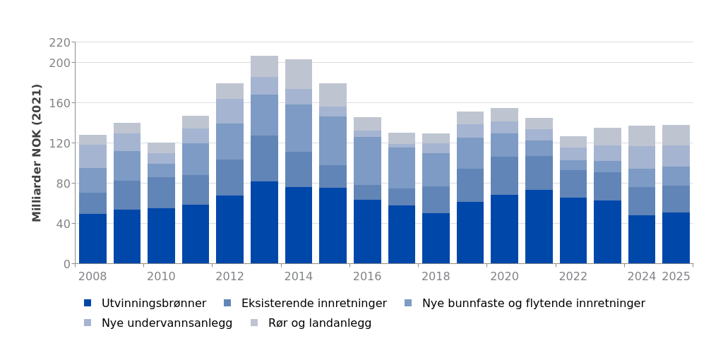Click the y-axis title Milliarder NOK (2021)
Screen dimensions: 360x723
pyautogui.click(x=37, y=152)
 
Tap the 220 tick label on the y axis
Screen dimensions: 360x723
pyautogui.click(x=60, y=42)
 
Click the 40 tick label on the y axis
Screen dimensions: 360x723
pyautogui.click(x=63, y=224)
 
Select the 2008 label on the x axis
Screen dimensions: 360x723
pyautogui.click(x=92, y=277)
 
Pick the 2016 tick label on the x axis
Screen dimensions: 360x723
pyautogui.click(x=367, y=277)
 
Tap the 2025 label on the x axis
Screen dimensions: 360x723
pyautogui.click(x=676, y=277)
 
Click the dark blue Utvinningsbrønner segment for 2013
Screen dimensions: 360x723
pyautogui.click(x=264, y=222)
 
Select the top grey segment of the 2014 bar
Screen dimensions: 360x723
pyautogui.click(x=299, y=74)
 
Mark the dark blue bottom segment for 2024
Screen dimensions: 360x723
pyautogui.click(x=642, y=239)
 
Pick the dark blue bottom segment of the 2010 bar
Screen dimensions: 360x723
pyautogui.click(x=161, y=236)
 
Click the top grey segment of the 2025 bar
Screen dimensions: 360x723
pyautogui.click(x=676, y=135)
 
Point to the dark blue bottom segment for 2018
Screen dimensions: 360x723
pyautogui.click(x=436, y=238)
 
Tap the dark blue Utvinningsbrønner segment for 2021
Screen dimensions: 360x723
pyautogui.click(x=539, y=227)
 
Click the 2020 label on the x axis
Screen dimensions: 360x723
pyautogui.click(x=504, y=277)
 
